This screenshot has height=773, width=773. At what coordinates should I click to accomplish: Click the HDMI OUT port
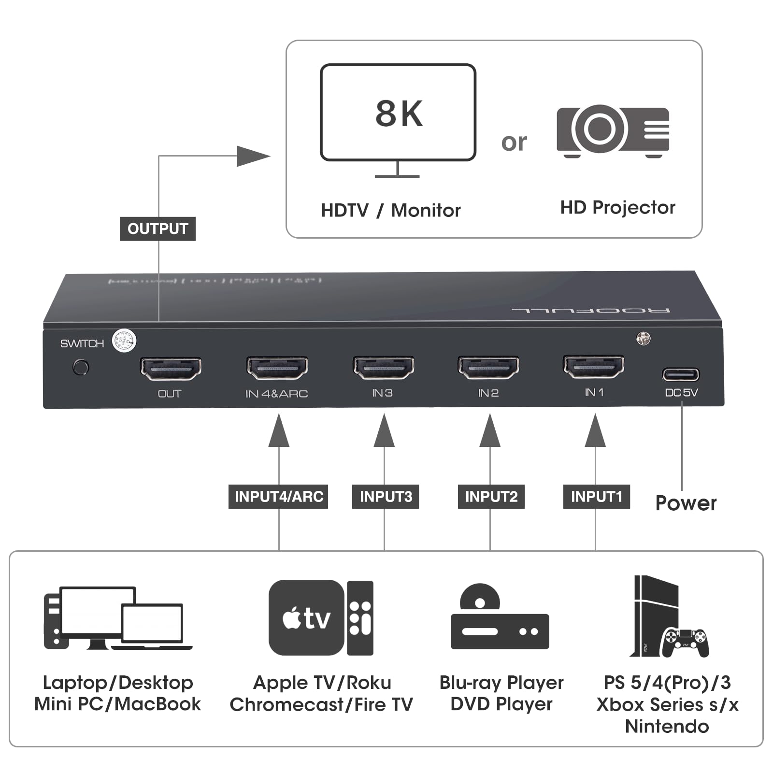[171, 369]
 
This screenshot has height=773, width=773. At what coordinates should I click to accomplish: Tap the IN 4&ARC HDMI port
[277, 369]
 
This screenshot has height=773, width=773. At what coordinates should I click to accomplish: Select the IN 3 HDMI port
[383, 368]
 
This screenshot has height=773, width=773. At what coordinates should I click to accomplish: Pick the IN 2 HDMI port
[488, 368]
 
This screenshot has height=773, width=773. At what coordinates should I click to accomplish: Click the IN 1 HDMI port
[594, 367]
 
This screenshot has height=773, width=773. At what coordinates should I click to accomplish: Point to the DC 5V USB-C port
[680, 374]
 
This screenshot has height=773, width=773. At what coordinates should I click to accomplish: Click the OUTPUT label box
[157, 229]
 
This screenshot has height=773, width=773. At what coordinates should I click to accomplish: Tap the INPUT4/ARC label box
[278, 497]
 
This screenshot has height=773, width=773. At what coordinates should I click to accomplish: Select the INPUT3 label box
[386, 497]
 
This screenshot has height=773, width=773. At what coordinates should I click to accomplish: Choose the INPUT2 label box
[491, 497]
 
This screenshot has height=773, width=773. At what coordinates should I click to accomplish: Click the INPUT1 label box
[596, 497]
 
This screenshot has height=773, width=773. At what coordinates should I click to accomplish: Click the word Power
[686, 503]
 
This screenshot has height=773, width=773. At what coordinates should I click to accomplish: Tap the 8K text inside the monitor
[399, 114]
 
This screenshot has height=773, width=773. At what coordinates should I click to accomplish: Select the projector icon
[613, 130]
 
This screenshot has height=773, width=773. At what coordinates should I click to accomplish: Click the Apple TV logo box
[306, 617]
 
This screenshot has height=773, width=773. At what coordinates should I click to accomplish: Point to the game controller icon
[685, 643]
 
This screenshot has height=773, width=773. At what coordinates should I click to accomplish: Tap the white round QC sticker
[124, 341]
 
